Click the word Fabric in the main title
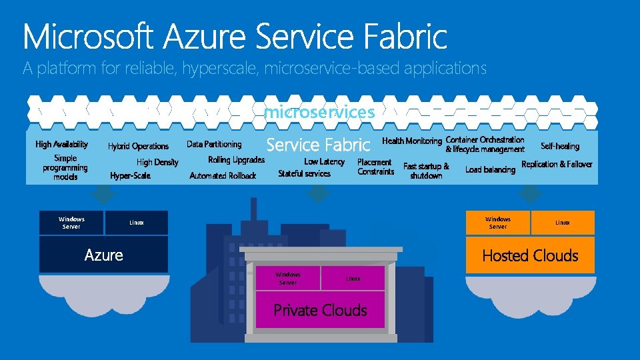pyautogui.click(x=405, y=36)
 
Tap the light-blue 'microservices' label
pyautogui.click(x=319, y=112)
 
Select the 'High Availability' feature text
pyautogui.click(x=61, y=144)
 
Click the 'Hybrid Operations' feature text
pyautogui.click(x=138, y=146)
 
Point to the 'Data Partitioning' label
pyautogui.click(x=214, y=144)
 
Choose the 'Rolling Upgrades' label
pyautogui.click(x=236, y=160)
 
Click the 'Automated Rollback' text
pyautogui.click(x=223, y=176)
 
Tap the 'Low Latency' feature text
pyautogui.click(x=324, y=161)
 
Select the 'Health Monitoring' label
pyautogui.click(x=411, y=141)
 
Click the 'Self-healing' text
pyautogui.click(x=560, y=146)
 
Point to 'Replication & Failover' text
pyautogui.click(x=557, y=164)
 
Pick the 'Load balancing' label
pyautogui.click(x=490, y=169)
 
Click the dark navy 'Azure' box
pyautogui.click(x=103, y=255)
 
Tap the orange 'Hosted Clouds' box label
pyautogui.click(x=530, y=255)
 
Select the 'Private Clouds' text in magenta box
pyautogui.click(x=320, y=310)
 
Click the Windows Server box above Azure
pyautogui.click(x=71, y=223)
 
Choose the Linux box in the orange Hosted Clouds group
pyautogui.click(x=563, y=223)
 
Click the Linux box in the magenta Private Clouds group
pyautogui.click(x=353, y=278)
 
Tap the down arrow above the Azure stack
pyautogui.click(x=103, y=194)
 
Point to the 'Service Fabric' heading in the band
pyautogui.click(x=317, y=145)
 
